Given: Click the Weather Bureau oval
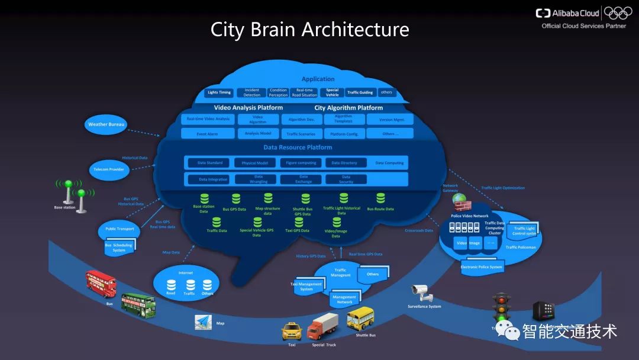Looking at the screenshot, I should (106, 124).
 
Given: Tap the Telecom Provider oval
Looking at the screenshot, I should (108, 169).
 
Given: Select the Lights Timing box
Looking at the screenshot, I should (219, 92).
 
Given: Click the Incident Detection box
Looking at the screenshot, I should (251, 92).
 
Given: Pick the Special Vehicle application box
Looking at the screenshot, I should (333, 92).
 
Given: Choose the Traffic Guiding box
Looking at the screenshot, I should (360, 92).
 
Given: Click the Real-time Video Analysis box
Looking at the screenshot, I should (208, 119).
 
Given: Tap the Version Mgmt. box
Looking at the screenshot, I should (389, 119).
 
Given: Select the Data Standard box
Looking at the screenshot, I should (210, 163).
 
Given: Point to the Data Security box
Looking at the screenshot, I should (346, 179).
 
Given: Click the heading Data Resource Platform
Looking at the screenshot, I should (298, 147).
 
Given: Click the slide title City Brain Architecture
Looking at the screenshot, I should (309, 29).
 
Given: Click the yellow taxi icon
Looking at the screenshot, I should (292, 330).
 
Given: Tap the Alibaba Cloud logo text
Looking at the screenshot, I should (575, 13).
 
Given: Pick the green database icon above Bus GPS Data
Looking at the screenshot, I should (235, 199).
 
